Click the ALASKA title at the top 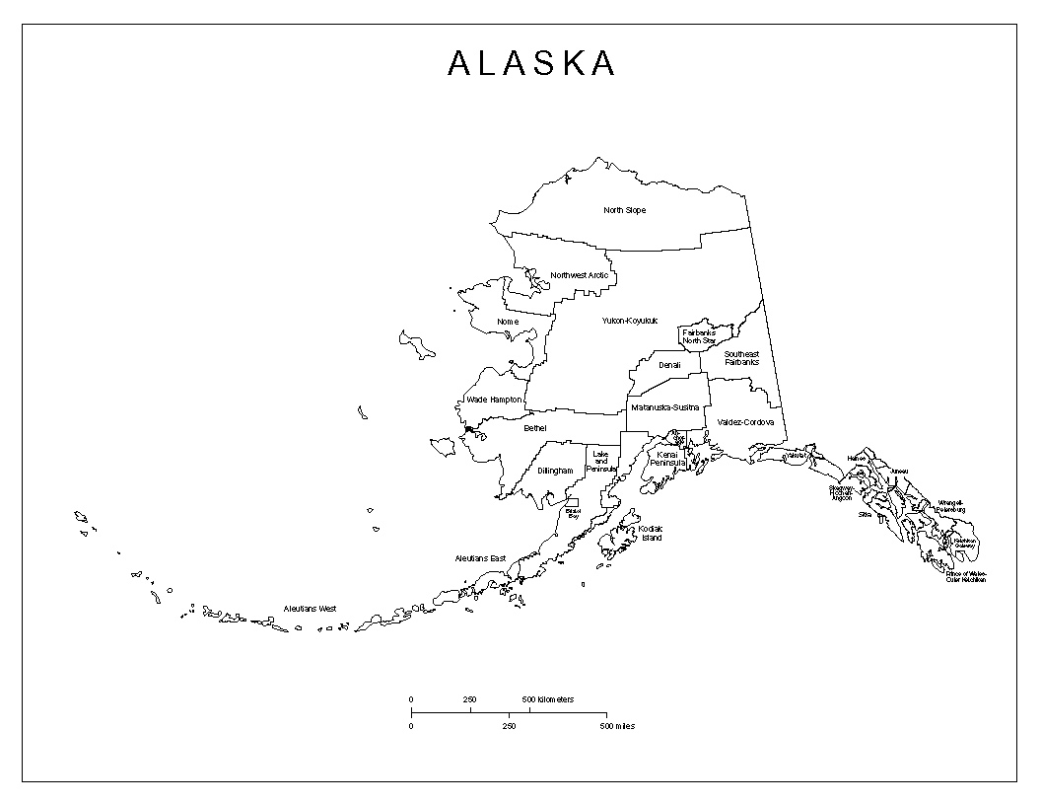pos(531,64)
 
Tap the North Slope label pos(625,210)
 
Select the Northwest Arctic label pos(580,275)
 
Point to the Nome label pos(508,322)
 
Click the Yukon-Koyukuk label pos(629,321)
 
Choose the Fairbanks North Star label pos(698,336)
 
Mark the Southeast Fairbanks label pos(742,358)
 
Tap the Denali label pos(670,365)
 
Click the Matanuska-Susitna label pos(665,406)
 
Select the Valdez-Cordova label pos(745,422)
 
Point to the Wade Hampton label pos(494,400)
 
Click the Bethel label pos(535,428)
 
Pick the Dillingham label pos(555,471)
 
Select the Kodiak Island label pos(651,533)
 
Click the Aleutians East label pos(480,558)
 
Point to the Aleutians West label pos(311,609)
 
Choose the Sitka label pos(865,514)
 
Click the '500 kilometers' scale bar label pos(548,699)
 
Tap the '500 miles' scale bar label pos(617,726)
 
